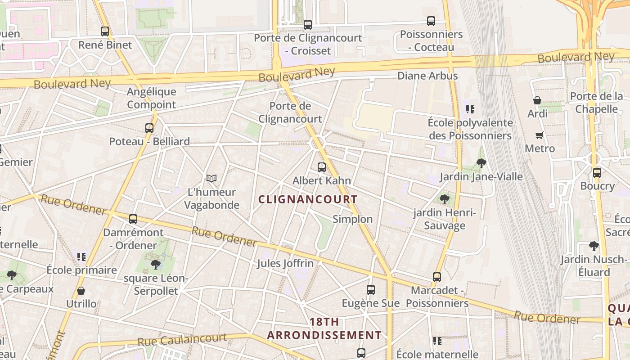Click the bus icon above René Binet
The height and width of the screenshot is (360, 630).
pos(105,31)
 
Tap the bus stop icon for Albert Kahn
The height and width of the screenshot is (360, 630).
pos(322,167)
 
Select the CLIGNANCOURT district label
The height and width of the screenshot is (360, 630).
pos(308,199)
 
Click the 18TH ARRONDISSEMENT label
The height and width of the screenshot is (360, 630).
pos(324,328)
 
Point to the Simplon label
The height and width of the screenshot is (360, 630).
pos(352,219)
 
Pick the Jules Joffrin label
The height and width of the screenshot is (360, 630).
pos(285,263)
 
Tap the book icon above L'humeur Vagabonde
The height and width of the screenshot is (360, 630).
pos(211,179)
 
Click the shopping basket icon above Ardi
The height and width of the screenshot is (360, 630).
pos(537,100)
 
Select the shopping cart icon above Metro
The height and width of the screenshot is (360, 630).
pos(540,135)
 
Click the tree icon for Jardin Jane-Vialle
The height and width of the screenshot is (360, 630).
pos(481,163)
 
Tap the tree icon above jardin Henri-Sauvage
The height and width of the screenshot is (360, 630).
pos(445,199)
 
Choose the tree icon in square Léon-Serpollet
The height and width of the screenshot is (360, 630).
pos(156,265)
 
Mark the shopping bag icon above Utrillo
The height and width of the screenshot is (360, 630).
pos(81,291)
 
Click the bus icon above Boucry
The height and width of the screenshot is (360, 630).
pos(597,173)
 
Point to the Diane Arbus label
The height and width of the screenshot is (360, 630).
pos(427,76)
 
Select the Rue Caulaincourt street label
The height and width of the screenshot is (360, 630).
pos(182,340)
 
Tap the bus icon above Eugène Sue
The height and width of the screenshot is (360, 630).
pos(371,290)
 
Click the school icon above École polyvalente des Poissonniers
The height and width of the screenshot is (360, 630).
pos(470,109)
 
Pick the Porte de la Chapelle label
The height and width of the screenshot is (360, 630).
pos(597,103)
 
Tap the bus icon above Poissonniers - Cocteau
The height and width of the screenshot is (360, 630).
pos(431,21)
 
